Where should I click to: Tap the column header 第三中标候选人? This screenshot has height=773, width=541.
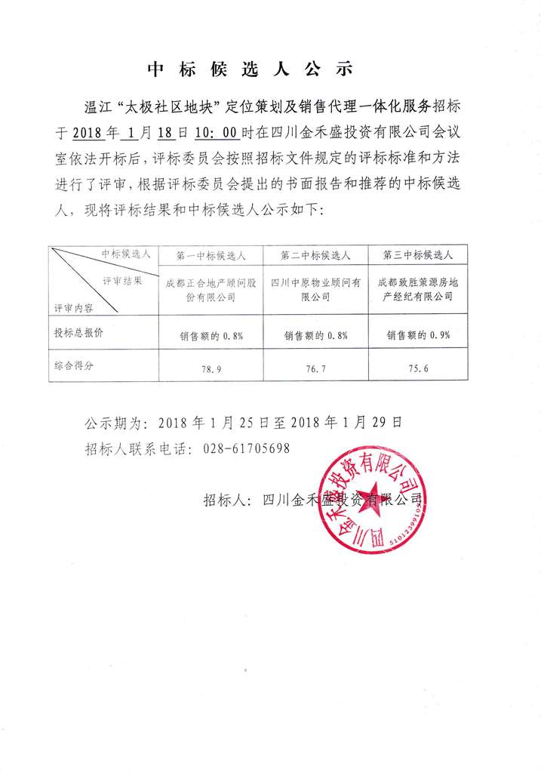click(x=417, y=256)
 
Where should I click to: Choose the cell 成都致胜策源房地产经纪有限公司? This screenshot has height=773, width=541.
click(x=417, y=290)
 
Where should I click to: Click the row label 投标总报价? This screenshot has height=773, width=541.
click(x=78, y=333)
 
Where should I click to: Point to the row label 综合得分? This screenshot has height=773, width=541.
click(x=78, y=365)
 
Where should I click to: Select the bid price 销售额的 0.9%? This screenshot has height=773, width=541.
click(x=417, y=335)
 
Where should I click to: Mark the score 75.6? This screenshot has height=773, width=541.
click(x=417, y=369)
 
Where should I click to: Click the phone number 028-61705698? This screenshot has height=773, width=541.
click(x=247, y=448)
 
